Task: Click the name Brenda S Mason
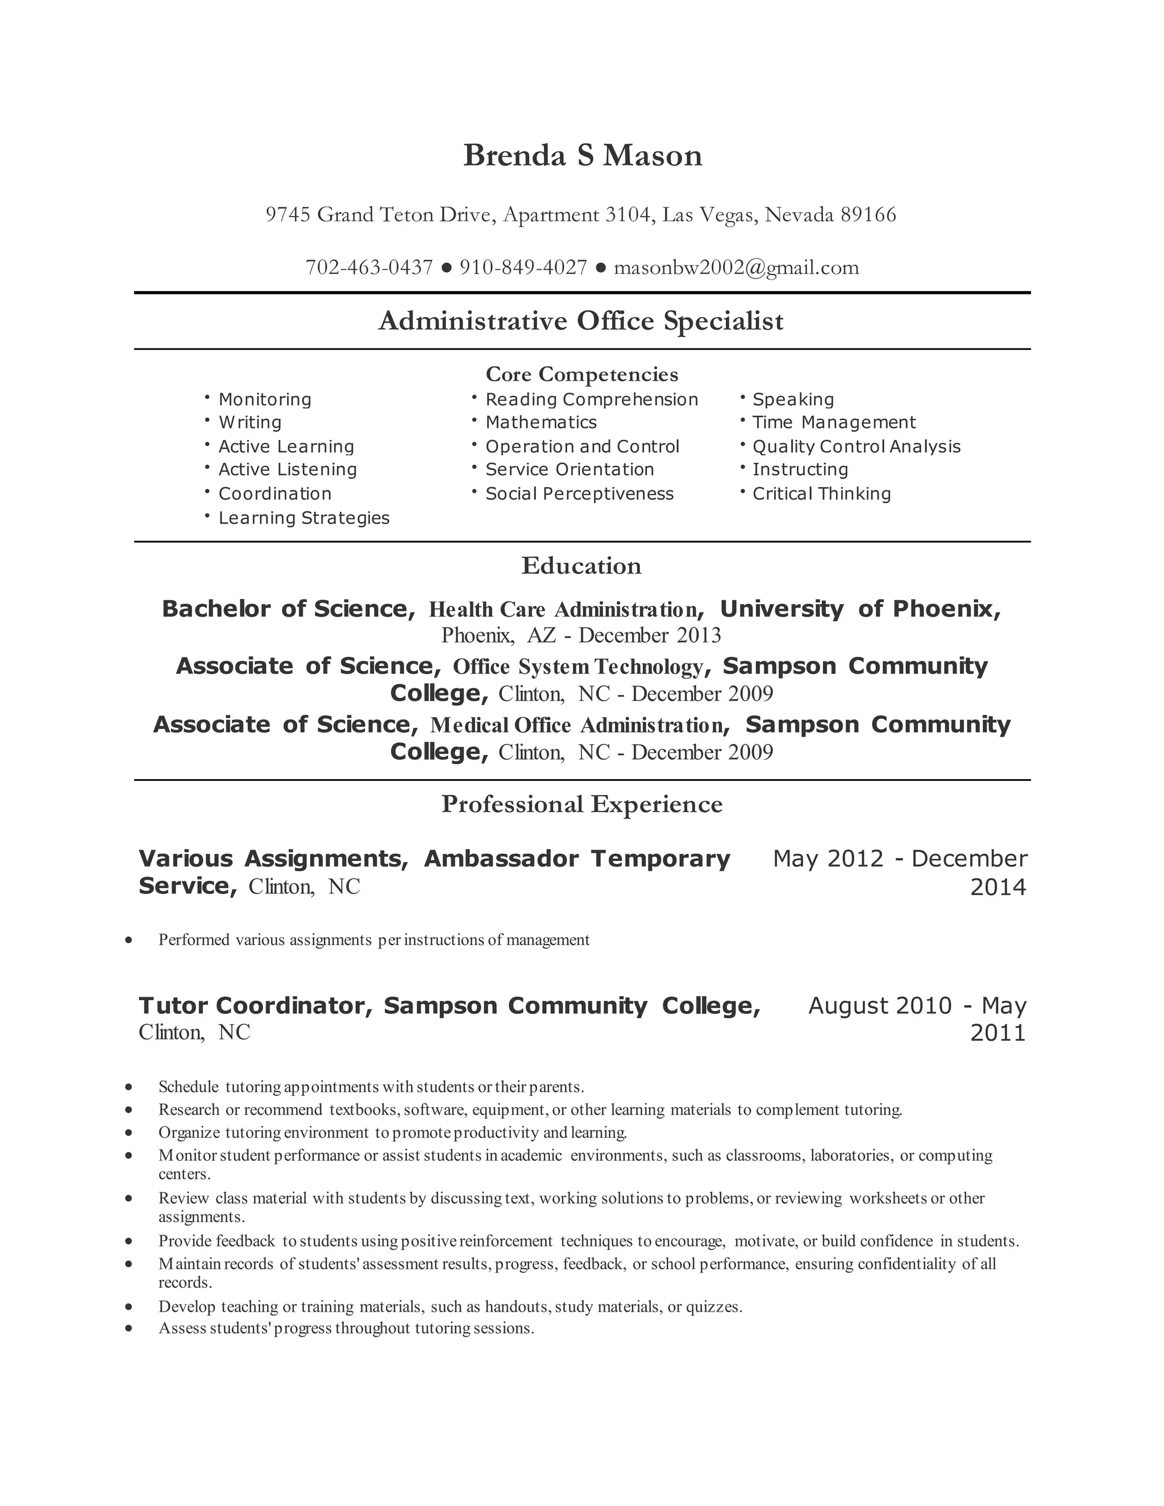click(x=583, y=156)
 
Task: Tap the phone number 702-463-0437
click(x=369, y=268)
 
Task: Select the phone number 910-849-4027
click(x=523, y=268)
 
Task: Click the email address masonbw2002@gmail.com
click(x=736, y=268)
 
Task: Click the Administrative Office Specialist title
click(x=581, y=321)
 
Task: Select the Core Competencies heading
click(x=582, y=375)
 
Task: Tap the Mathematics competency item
click(x=541, y=423)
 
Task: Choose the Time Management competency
click(x=834, y=423)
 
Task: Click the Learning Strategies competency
click(x=304, y=518)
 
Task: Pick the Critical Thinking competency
click(x=821, y=494)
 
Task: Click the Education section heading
click(x=581, y=566)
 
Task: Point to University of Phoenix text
click(x=859, y=609)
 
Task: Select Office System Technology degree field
click(x=578, y=667)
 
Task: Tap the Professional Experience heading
click(x=582, y=805)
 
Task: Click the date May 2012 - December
click(x=900, y=859)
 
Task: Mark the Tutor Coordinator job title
click(x=255, y=1006)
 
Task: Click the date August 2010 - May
click(x=917, y=1006)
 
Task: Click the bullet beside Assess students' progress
click(x=129, y=1328)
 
